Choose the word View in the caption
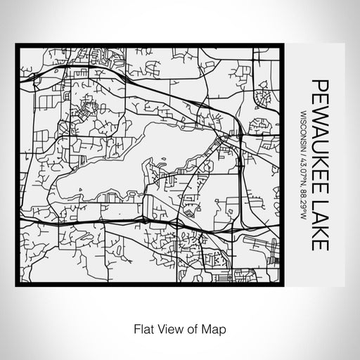click(x=170, y=328)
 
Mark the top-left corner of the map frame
click(x=17, y=46)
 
